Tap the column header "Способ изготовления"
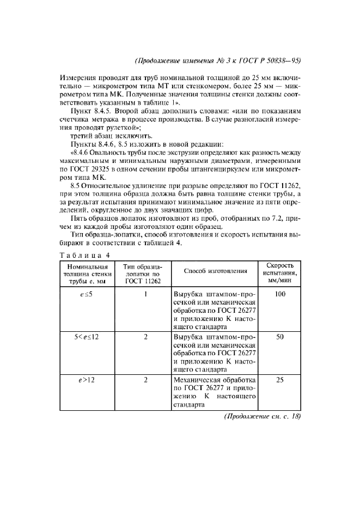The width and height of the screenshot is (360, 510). [216, 271]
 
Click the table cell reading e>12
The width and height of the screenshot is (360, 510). [84, 380]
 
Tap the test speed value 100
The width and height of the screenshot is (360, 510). [280, 294]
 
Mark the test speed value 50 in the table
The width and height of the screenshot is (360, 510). [280, 337]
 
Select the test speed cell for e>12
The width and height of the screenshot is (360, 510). [280, 380]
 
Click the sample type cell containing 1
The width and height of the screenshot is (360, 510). [146, 294]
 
